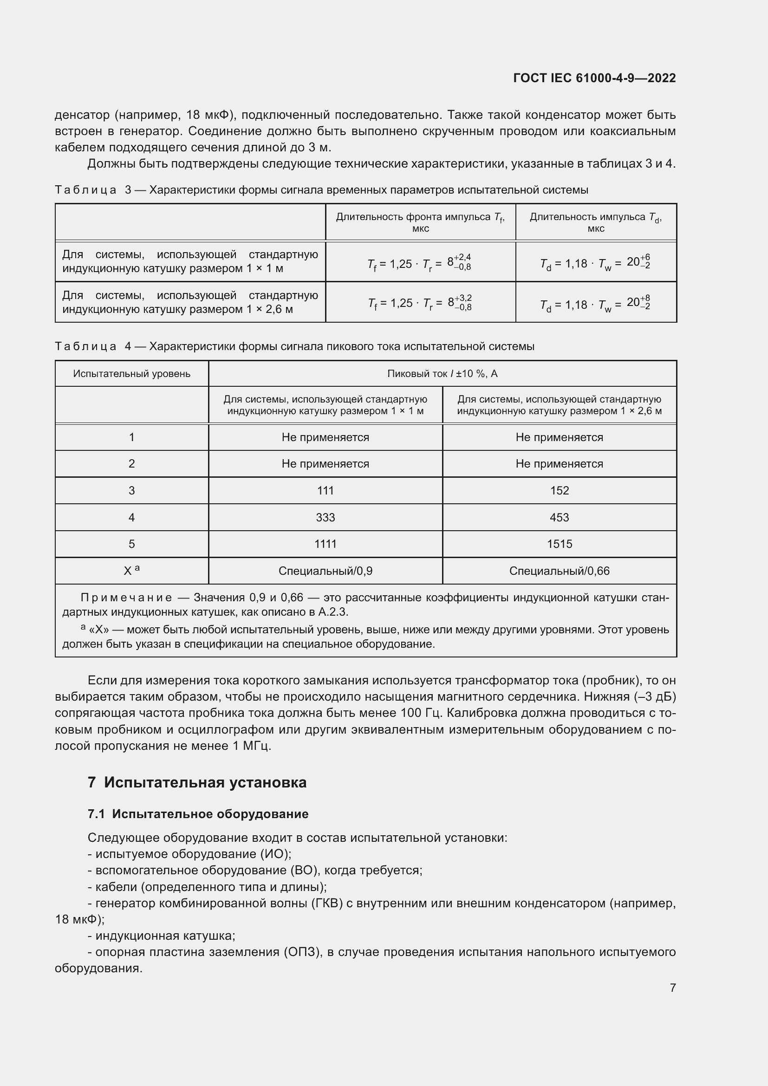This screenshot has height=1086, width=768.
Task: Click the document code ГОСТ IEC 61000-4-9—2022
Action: pyautogui.click(x=594, y=78)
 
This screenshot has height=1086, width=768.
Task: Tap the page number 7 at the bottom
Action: pyautogui.click(x=672, y=988)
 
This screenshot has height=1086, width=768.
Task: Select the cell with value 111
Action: pyautogui.click(x=325, y=490)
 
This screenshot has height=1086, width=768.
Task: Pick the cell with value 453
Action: pyautogui.click(x=559, y=517)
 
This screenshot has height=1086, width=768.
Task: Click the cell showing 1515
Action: pyautogui.click(x=559, y=544)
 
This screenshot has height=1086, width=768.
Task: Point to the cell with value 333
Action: pyautogui.click(x=325, y=517)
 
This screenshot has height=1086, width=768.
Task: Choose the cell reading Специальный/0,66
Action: pyautogui.click(x=559, y=571)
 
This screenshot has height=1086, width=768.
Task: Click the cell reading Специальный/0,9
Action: pyautogui.click(x=325, y=571)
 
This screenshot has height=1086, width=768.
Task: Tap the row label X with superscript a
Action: pyautogui.click(x=131, y=571)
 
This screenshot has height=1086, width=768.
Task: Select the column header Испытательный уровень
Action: pyautogui.click(x=131, y=374)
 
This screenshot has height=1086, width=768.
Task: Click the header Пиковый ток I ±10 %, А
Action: pyautogui.click(x=442, y=374)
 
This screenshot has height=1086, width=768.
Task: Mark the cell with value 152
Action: pyautogui.click(x=559, y=490)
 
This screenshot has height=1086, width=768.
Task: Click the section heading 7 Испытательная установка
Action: pyautogui.click(x=197, y=782)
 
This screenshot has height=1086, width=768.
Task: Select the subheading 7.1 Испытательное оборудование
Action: pyautogui.click(x=198, y=814)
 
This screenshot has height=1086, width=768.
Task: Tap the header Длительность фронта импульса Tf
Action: pyautogui.click(x=420, y=222)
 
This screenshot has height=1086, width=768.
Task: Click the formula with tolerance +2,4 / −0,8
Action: pyautogui.click(x=420, y=263)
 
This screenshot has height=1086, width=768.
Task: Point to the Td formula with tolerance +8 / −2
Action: pyautogui.click(x=595, y=304)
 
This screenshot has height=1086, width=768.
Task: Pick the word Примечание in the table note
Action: pyautogui.click(x=126, y=598)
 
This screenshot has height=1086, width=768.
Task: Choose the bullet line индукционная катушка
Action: pyautogui.click(x=161, y=936)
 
